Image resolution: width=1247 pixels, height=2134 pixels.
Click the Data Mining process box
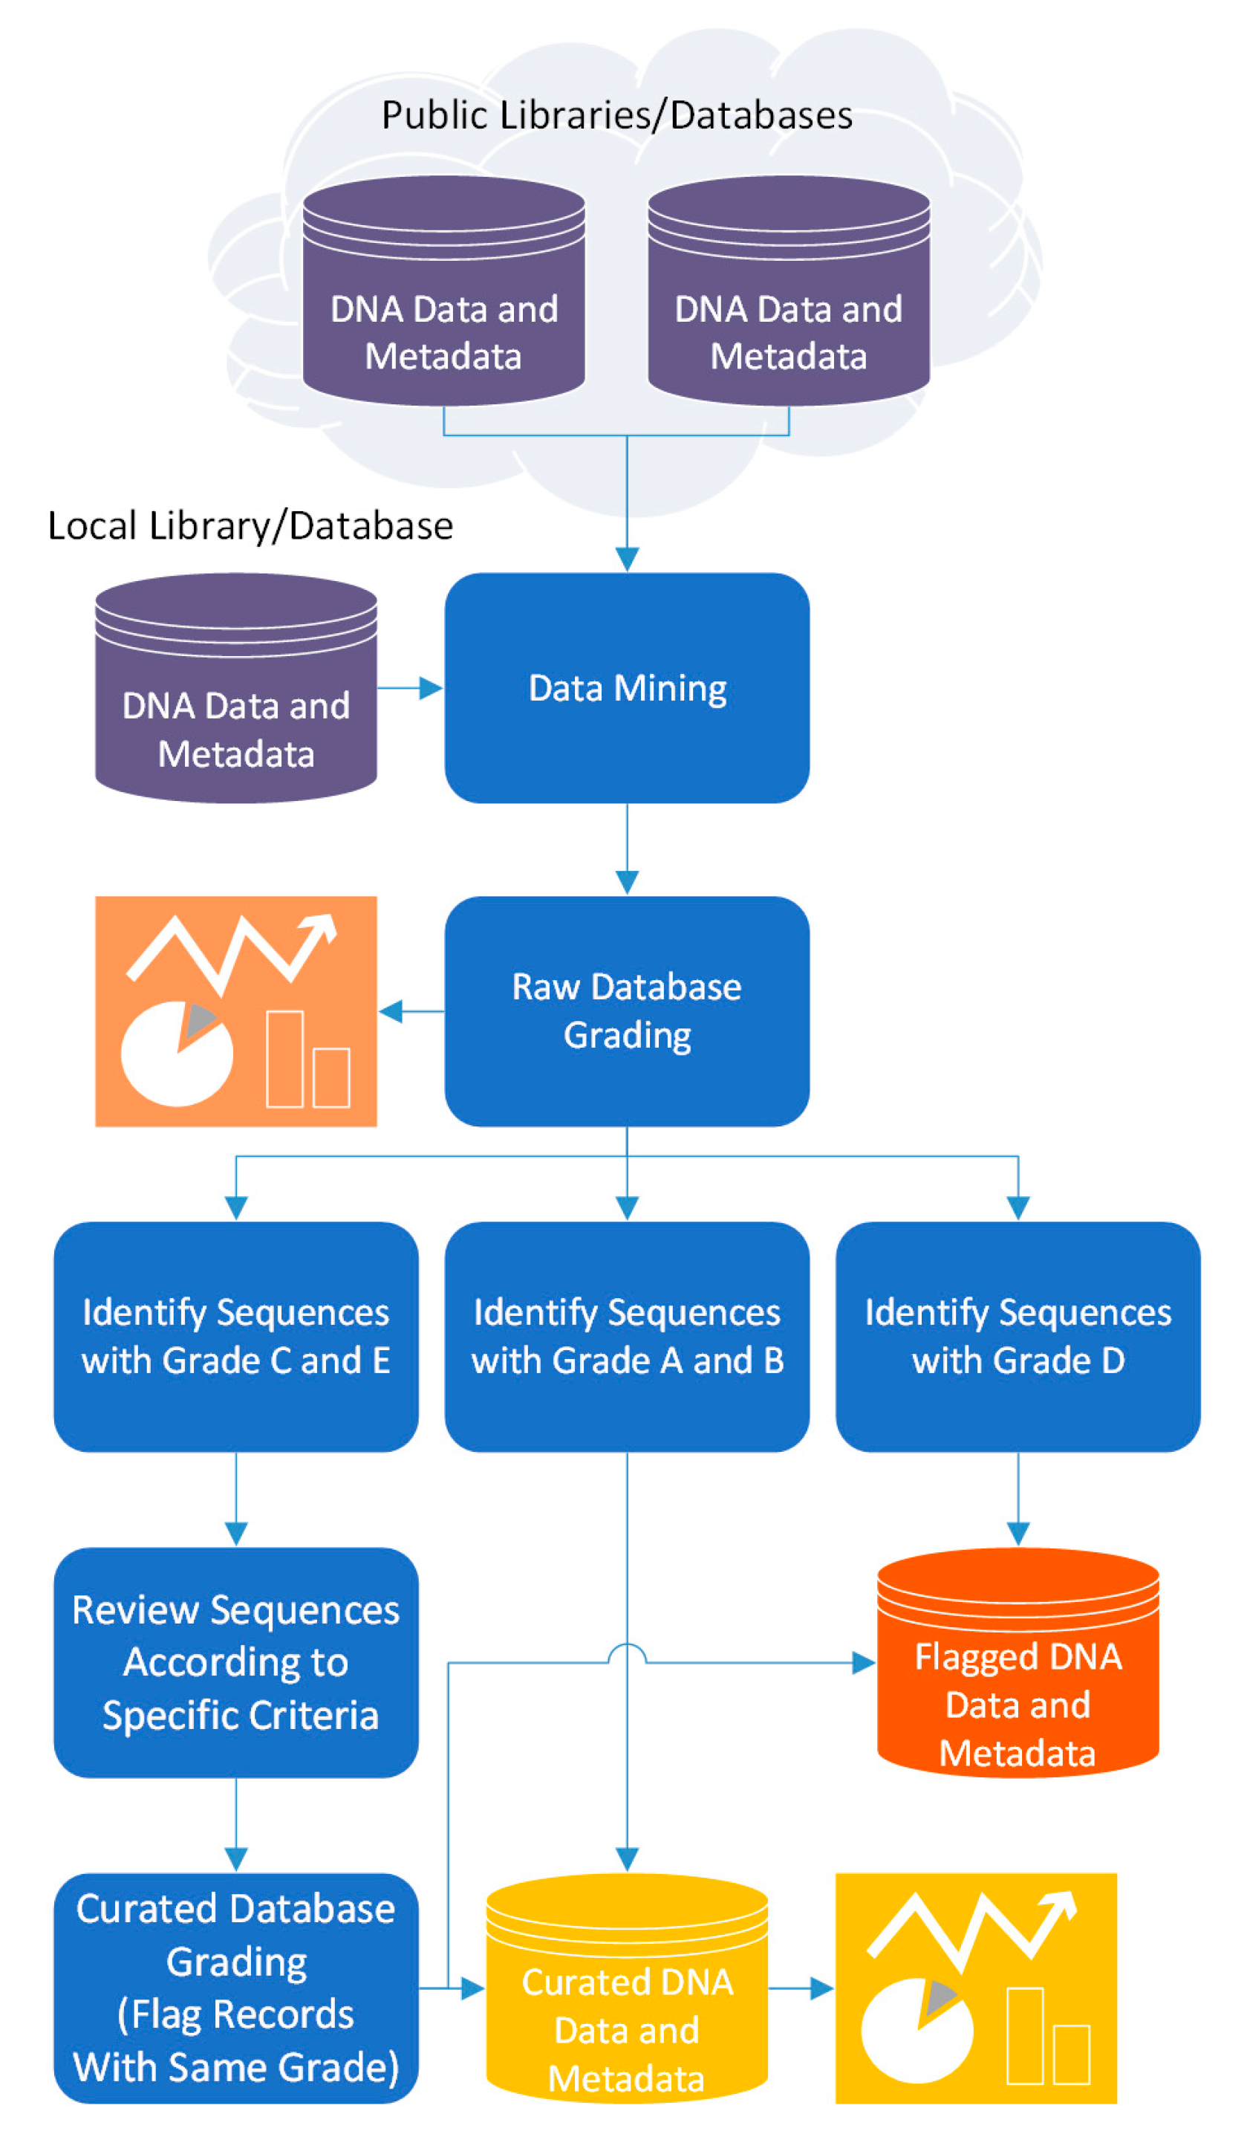point(626,687)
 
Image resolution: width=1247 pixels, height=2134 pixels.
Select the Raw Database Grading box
point(626,1011)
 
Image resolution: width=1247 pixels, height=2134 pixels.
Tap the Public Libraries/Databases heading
point(616,115)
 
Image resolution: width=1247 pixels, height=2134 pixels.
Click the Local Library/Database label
point(250,526)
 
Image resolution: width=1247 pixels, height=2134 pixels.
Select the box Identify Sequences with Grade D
point(1017,1336)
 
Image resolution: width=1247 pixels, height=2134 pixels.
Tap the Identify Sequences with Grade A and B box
point(626,1336)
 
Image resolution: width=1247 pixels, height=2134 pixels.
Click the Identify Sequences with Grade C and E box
point(235,1336)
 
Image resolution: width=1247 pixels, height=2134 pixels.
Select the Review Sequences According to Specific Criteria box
point(235,1661)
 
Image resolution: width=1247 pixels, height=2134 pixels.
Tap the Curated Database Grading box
point(235,1988)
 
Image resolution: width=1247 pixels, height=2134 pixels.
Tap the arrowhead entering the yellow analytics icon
point(822,1988)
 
